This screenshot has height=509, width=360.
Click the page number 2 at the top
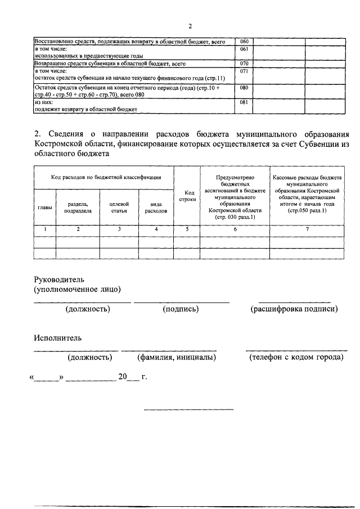click(x=190, y=26)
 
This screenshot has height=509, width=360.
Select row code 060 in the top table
click(x=244, y=42)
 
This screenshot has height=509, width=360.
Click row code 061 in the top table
click(x=244, y=49)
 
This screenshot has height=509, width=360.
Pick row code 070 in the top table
click(x=244, y=64)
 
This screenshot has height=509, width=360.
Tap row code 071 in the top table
click(x=244, y=72)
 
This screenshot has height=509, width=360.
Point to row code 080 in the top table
click(x=244, y=88)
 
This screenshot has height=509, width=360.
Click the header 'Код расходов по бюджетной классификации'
click(x=103, y=177)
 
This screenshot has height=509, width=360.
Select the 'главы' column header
click(x=45, y=208)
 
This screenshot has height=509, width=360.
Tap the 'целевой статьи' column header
click(x=119, y=207)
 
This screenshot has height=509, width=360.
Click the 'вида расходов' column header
click(x=156, y=207)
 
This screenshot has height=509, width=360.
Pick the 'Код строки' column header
click(x=187, y=196)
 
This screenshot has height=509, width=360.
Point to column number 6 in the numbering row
click(x=235, y=229)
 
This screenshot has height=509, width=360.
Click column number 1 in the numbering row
click(x=45, y=229)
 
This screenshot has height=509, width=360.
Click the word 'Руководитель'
click(x=59, y=278)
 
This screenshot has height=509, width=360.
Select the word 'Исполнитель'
click(x=58, y=338)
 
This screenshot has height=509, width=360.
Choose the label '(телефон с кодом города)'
click(x=296, y=357)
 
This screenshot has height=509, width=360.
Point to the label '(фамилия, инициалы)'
click(x=177, y=357)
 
